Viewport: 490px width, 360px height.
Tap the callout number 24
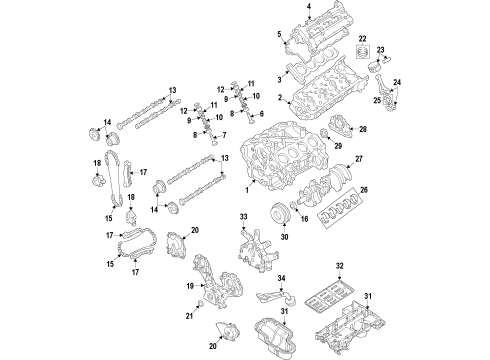(396, 82)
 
